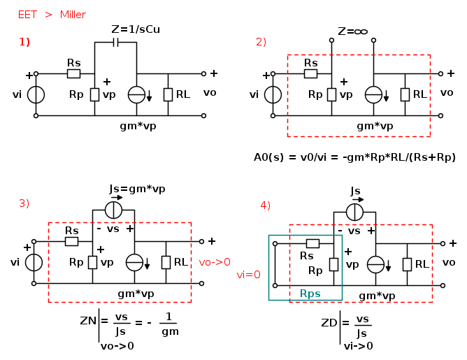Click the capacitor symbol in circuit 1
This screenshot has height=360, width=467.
tap(116, 42)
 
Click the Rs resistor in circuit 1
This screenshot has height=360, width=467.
tap(73, 73)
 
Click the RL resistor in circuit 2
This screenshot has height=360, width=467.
tap(403, 94)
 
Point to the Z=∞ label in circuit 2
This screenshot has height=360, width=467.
tap(352, 31)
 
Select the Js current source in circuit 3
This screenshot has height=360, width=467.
tap(114, 209)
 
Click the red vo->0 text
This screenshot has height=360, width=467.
tap(215, 262)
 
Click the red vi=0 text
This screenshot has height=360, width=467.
tap(247, 275)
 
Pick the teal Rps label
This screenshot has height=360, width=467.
tap(310, 294)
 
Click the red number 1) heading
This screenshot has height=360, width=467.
tap(24, 41)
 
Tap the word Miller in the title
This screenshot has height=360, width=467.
tap(73, 14)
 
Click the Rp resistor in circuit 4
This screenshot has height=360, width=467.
tap(333, 264)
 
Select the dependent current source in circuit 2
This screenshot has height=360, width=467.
tap(374, 94)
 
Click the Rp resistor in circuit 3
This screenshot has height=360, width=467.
tap(92, 262)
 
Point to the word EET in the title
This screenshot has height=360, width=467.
tap(27, 14)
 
